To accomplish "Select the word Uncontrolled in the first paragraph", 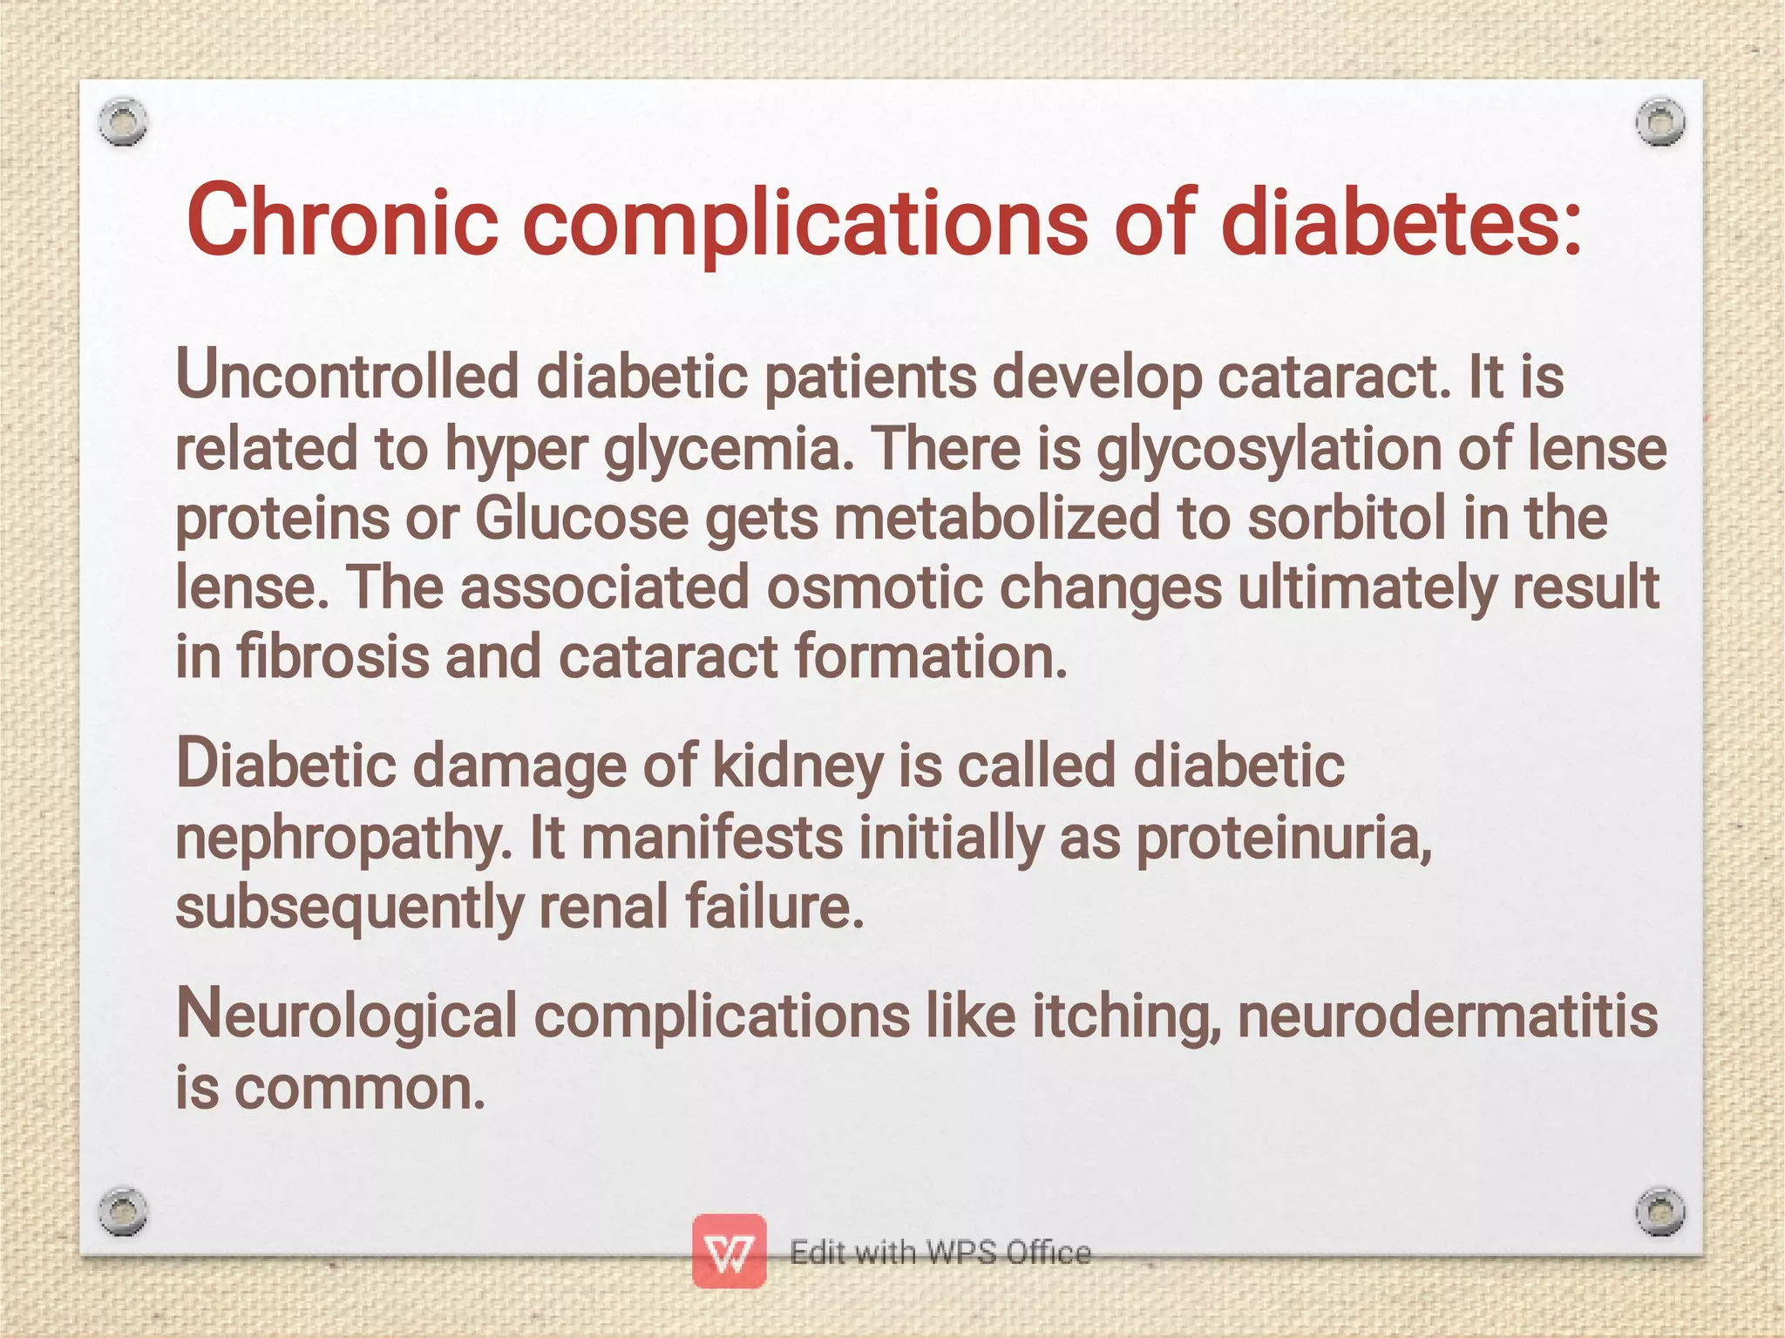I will point(347,377).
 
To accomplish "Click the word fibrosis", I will point(332,656).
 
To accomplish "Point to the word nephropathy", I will point(343,839).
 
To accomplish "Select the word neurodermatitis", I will point(1447,1016).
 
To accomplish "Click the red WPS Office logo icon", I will point(730,1252).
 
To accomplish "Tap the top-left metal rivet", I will point(123,121).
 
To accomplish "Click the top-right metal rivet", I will point(1659,121).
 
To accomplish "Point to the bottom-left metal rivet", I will point(123,1211).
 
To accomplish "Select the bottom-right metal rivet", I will point(1659,1211).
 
